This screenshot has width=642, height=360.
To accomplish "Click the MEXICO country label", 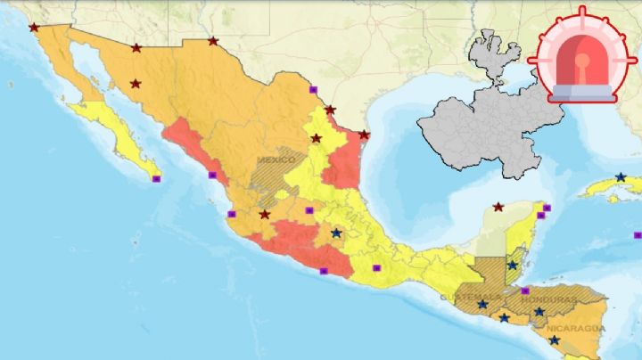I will [276, 160].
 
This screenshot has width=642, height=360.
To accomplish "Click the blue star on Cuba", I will [621, 177].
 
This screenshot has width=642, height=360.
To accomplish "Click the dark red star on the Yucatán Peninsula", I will [498, 207].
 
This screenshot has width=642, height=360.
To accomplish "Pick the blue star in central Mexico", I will [336, 233].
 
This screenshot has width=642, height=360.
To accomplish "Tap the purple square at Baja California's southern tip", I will [157, 179].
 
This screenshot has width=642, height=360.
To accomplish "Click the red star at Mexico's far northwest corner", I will [34, 28].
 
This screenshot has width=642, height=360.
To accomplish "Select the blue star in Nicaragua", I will [554, 340].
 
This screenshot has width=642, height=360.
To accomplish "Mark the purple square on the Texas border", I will [313, 90].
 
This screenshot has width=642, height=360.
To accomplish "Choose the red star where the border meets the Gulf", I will [364, 135].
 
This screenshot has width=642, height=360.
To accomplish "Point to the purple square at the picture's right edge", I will [637, 235].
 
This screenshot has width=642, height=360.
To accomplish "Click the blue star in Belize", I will [513, 266].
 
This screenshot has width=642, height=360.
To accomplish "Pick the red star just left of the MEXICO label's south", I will [264, 215].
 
